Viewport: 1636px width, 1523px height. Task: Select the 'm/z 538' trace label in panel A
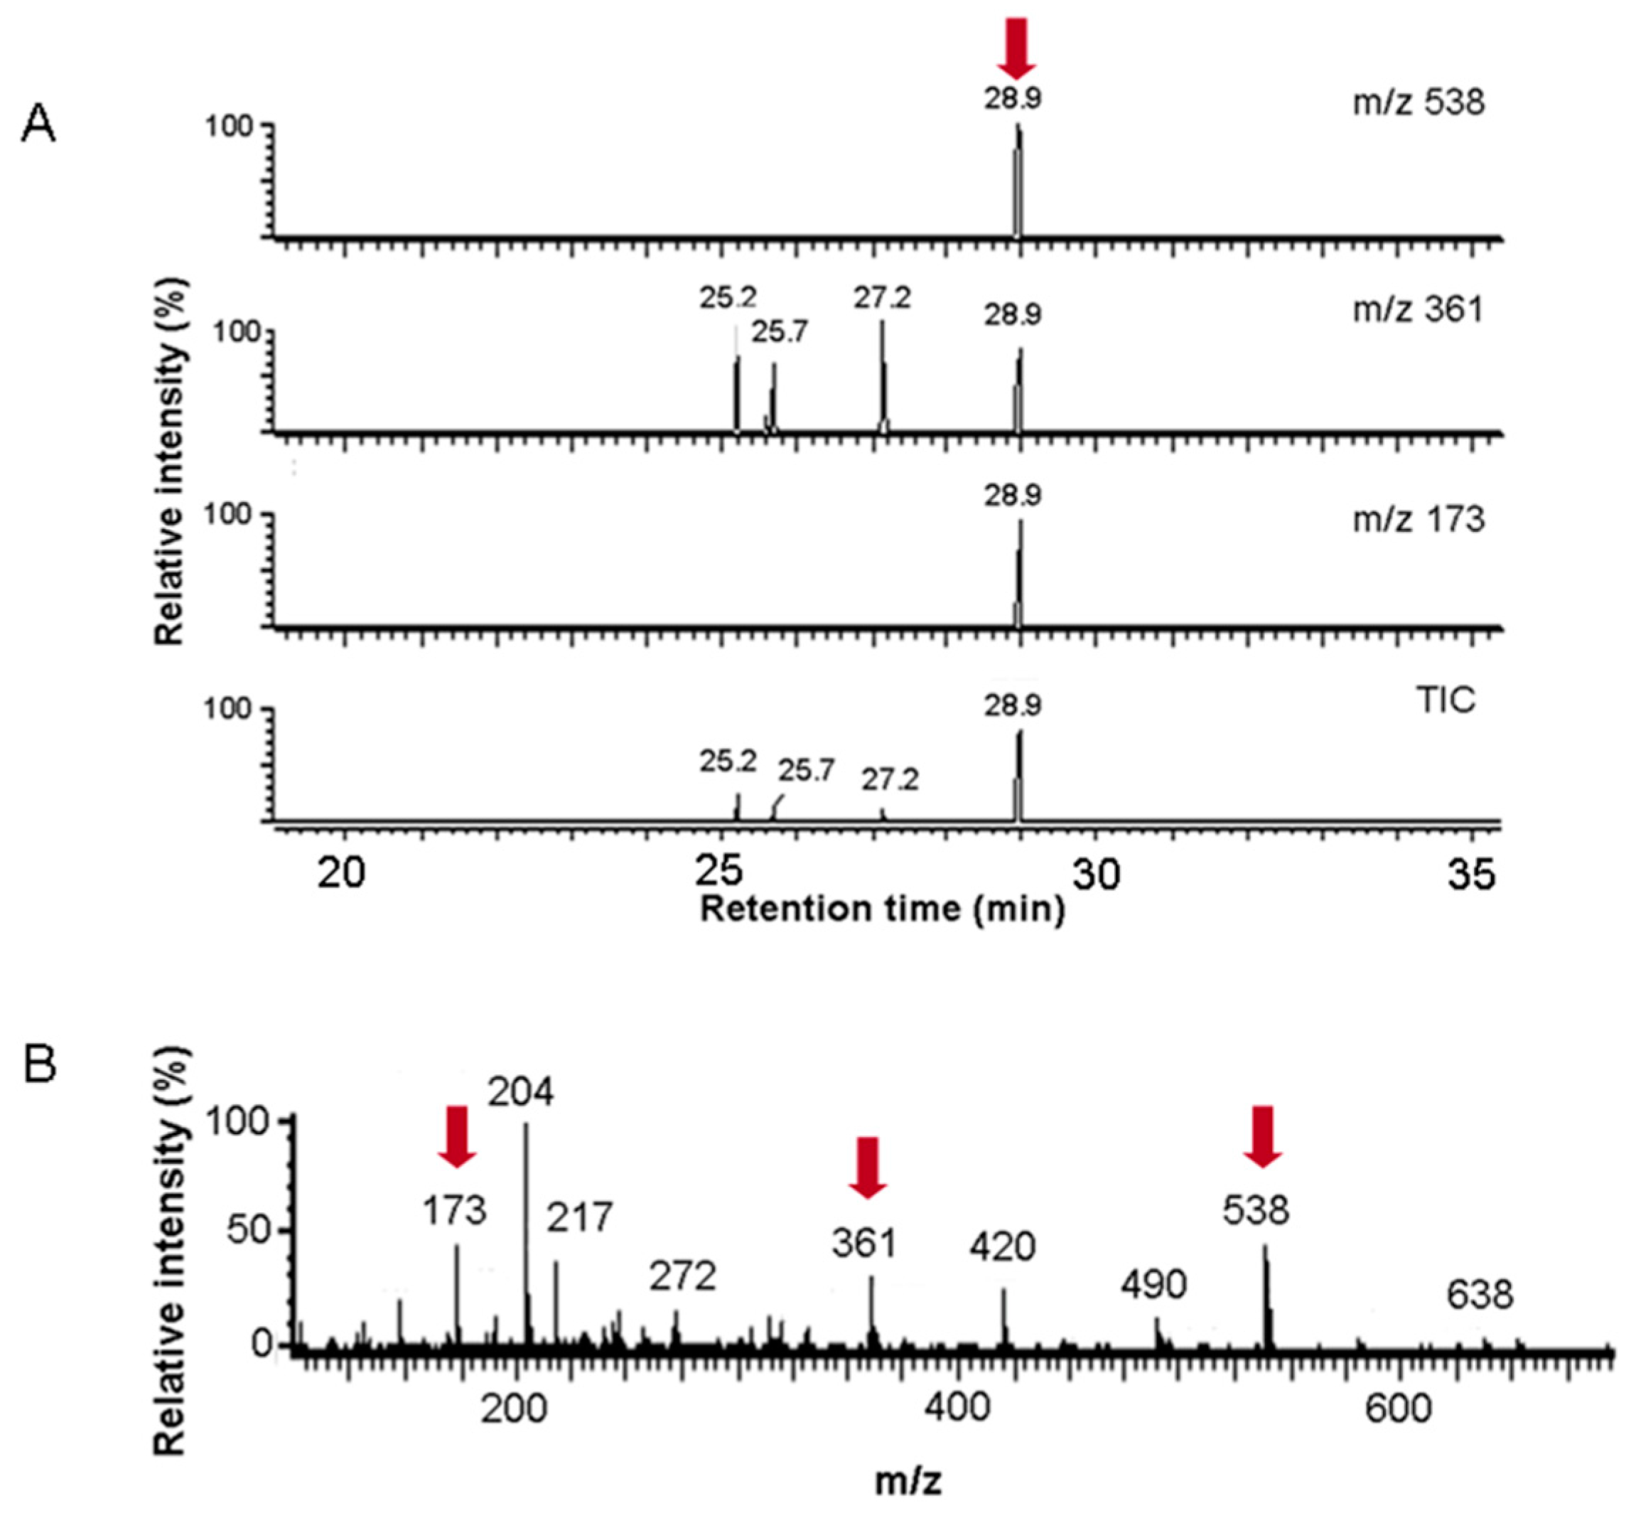(x=1418, y=103)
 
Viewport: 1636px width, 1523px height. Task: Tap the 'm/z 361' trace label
(x=1418, y=311)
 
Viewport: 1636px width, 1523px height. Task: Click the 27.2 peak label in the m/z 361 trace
(x=881, y=298)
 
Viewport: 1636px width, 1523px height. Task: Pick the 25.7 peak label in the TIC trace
(x=807, y=771)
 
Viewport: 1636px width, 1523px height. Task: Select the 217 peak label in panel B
(x=580, y=1217)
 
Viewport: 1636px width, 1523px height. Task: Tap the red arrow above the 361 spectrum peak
(x=867, y=1167)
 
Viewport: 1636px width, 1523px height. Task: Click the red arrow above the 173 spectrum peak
(x=457, y=1136)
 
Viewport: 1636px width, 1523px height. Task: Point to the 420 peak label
(x=1001, y=1248)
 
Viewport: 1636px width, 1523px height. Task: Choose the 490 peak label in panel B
(x=1153, y=1285)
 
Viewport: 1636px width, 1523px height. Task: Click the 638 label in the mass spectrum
(x=1480, y=1295)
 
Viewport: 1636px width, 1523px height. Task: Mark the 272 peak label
(x=682, y=1277)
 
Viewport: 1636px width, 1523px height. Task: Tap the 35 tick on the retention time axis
(x=1470, y=875)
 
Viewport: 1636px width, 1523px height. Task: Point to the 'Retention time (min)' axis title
(x=881, y=909)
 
